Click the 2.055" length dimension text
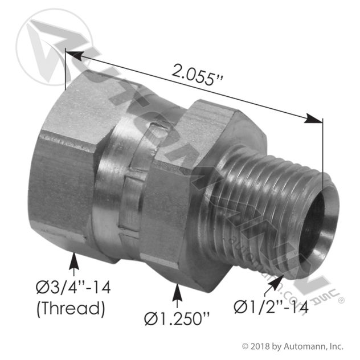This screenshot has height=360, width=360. tap(197, 75)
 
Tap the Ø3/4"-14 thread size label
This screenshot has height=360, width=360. tap(73, 288)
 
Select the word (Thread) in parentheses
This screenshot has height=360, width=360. tap(71, 308)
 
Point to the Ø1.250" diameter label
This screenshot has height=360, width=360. tap(177, 318)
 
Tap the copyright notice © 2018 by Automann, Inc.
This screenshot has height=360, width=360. tap(293, 346)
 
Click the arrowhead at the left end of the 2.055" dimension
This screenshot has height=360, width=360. tap(74, 55)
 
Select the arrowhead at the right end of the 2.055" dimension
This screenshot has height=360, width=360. tap(314, 119)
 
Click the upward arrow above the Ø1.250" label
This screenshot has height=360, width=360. tap(177, 296)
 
